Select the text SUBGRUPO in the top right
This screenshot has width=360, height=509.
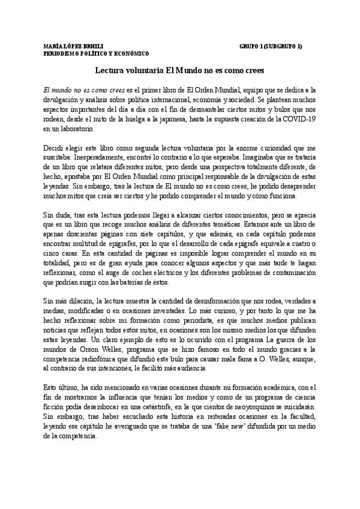(283, 46)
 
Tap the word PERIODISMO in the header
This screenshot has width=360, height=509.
(64, 53)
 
